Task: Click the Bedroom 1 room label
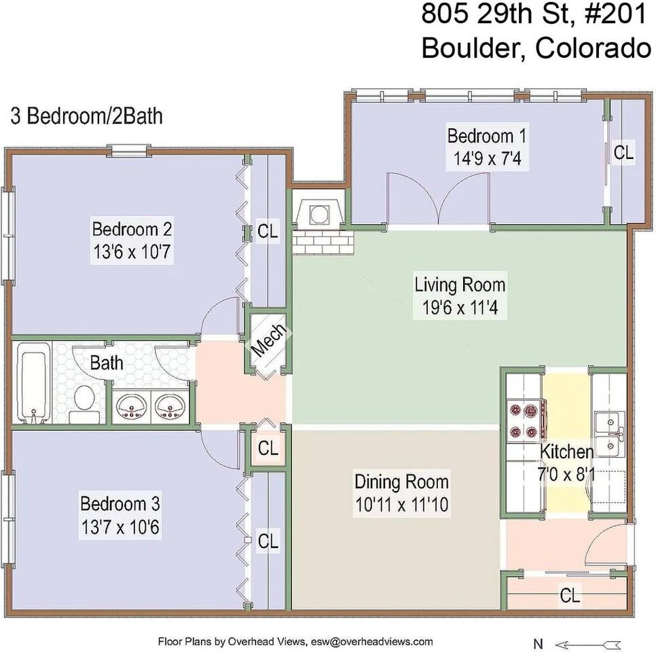coord(486,135)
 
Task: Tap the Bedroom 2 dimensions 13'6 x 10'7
coord(131,253)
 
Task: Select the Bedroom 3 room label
coord(120,504)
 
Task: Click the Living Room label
coord(460,283)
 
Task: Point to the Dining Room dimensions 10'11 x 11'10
coord(401,505)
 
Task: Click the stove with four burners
coord(524,420)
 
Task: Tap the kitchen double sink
coord(609,433)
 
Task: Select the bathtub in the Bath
coord(31,384)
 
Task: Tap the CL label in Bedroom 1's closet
coord(623,153)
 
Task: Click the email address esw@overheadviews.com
coord(371,641)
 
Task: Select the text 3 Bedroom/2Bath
coord(86,116)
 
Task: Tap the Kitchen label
coord(566,452)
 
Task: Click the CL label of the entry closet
coord(570,596)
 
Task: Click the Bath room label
coord(107,362)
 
